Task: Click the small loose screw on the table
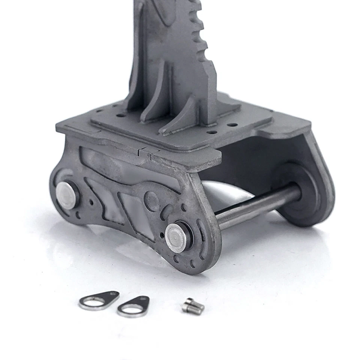point(193,306)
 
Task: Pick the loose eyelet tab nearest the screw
point(134,306)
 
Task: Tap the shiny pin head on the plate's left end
point(66,195)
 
